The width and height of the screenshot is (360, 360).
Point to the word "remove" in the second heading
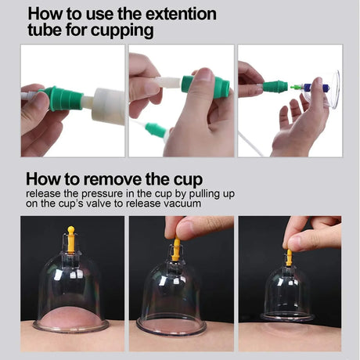pyautogui.click(x=107, y=178)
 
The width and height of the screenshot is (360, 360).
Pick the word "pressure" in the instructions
pyautogui.click(x=99, y=193)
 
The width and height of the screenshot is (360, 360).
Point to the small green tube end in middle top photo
pyautogui.click(x=156, y=129)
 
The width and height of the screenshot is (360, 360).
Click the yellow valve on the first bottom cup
pyautogui.click(x=71, y=239)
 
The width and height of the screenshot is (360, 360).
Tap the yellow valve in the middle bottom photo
pyautogui.click(x=176, y=249)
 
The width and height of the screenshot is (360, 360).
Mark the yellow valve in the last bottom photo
pyautogui.click(x=289, y=257)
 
